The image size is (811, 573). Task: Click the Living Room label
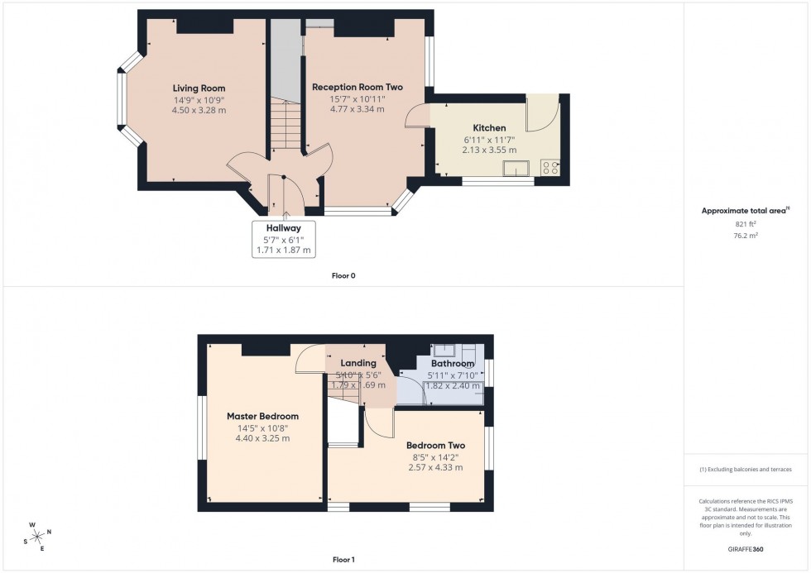[199, 88]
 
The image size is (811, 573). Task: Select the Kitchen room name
[489, 128]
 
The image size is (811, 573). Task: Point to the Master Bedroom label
[262, 416]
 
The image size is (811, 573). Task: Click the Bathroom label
[452, 364]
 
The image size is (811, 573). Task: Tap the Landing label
[358, 363]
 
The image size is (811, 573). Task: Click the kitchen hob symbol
[549, 169]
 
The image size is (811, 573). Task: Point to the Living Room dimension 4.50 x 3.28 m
[199, 110]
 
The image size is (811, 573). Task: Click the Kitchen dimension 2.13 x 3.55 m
[489, 150]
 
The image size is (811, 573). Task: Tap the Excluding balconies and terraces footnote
[746, 469]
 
